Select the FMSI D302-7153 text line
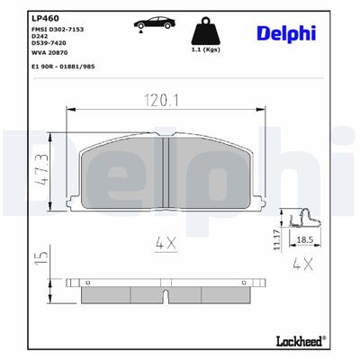(57, 31)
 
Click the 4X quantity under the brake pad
(165, 241)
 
